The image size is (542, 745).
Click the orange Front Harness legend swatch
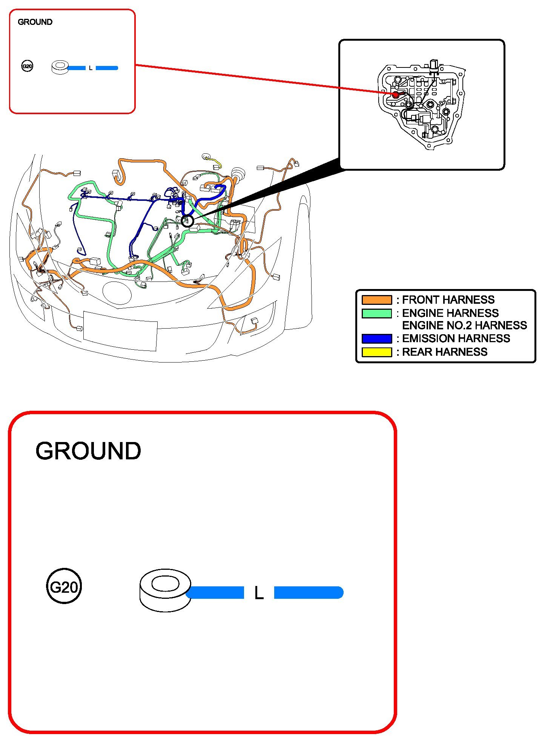click(376, 300)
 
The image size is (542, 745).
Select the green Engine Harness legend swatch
click(376, 313)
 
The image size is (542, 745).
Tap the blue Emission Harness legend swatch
click(376, 338)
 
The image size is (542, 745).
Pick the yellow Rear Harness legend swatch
click(376, 352)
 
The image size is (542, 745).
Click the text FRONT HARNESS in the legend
click(448, 300)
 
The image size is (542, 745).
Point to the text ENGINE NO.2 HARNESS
click(464, 325)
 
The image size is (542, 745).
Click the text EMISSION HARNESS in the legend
click(456, 338)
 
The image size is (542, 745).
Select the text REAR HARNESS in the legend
click(445, 352)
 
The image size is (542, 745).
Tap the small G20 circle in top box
click(27, 67)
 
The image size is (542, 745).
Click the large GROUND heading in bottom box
click(88, 451)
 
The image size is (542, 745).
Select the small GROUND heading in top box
click(35, 22)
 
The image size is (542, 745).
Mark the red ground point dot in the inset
click(395, 95)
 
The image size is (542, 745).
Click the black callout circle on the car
click(187, 221)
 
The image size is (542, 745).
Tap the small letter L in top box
click(91, 68)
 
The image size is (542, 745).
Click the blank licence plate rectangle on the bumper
click(120, 330)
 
